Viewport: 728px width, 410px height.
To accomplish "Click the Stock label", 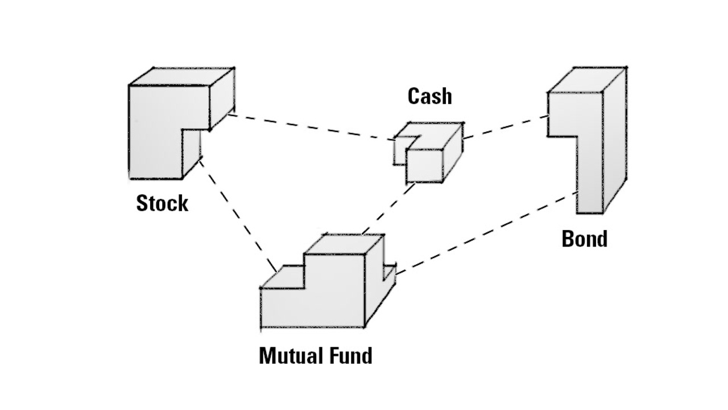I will coord(162,203).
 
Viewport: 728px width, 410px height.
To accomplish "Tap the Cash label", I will coord(430,96).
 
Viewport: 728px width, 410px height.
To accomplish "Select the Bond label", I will coord(584,239).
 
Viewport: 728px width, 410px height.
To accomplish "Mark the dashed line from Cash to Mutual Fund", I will coord(387,208).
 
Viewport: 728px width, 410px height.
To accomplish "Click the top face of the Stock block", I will coord(182,76).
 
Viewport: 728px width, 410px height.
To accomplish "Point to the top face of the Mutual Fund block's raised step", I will coord(344,243).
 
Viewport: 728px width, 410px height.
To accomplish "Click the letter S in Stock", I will coord(142,203).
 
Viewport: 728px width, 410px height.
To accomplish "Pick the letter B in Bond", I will coord(568,239).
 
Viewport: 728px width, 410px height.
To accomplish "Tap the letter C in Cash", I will coord(414,96).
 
